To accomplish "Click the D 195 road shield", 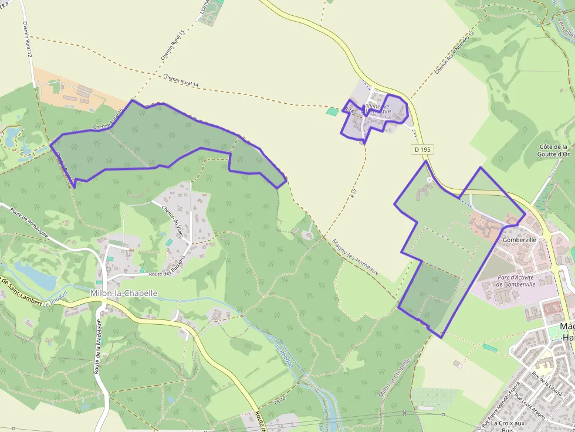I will (x=422, y=149).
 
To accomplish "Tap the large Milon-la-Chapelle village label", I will (x=124, y=293).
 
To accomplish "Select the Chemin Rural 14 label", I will (x=181, y=80).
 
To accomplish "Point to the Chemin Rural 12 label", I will (x=27, y=40).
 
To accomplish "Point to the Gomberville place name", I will (x=520, y=240).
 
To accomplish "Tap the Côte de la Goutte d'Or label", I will (x=552, y=151).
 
